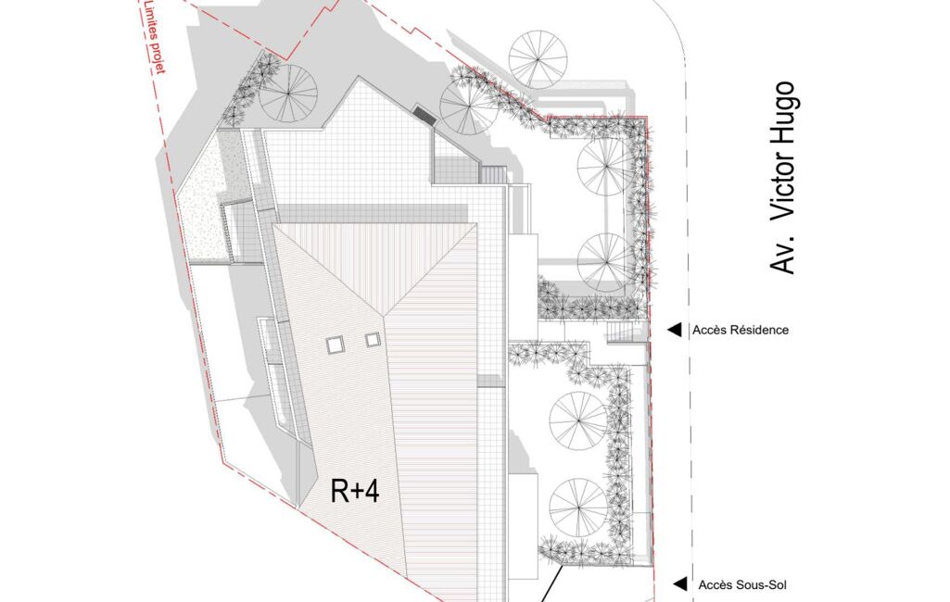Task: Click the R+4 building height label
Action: [x=355, y=491]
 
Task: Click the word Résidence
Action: [x=760, y=330]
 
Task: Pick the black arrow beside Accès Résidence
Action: [x=675, y=330]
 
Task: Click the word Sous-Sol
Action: [x=761, y=585]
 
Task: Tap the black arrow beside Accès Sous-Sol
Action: [x=680, y=584]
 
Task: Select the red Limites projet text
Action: [x=154, y=36]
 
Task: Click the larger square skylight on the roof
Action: [x=335, y=345]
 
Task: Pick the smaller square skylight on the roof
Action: [x=373, y=341]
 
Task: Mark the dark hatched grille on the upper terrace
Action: [x=424, y=115]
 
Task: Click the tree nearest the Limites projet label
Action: [x=288, y=93]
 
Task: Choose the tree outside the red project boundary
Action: [x=538, y=58]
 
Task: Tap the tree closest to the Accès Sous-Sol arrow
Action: [x=578, y=508]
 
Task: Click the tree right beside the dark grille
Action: [x=469, y=107]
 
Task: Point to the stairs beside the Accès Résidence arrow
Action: [x=620, y=332]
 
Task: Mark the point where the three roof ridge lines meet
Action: [x=384, y=314]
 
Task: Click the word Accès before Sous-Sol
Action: [x=714, y=585]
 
